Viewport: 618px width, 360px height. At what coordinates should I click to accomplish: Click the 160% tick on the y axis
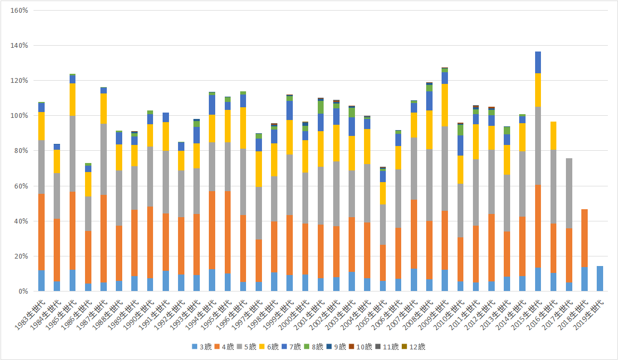[19, 11]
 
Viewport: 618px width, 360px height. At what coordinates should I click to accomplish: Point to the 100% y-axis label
[19, 116]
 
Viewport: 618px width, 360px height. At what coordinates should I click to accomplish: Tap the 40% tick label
[21, 221]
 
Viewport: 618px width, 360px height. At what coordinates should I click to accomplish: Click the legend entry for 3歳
[202, 347]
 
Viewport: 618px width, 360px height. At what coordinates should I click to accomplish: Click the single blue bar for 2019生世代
[600, 278]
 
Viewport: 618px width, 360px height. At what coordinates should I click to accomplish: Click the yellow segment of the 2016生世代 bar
[553, 135]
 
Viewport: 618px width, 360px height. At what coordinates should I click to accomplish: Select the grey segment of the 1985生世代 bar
[72, 153]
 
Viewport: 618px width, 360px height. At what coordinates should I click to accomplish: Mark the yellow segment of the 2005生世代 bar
[383, 193]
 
